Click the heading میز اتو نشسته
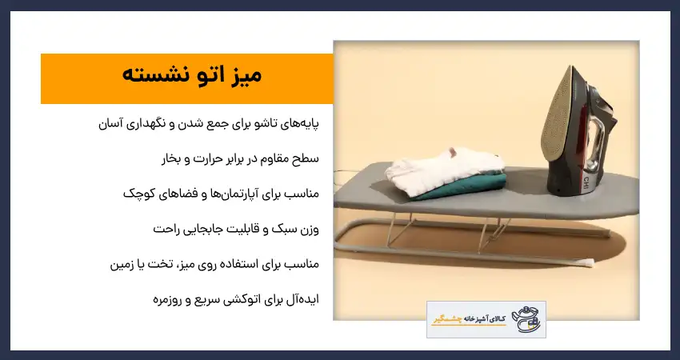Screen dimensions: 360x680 [192, 77]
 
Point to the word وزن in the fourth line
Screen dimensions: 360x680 [307, 229]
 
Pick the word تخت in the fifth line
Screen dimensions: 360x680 [160, 264]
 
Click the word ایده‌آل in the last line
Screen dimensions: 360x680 [303, 299]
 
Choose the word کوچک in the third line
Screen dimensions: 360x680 [139, 194]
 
